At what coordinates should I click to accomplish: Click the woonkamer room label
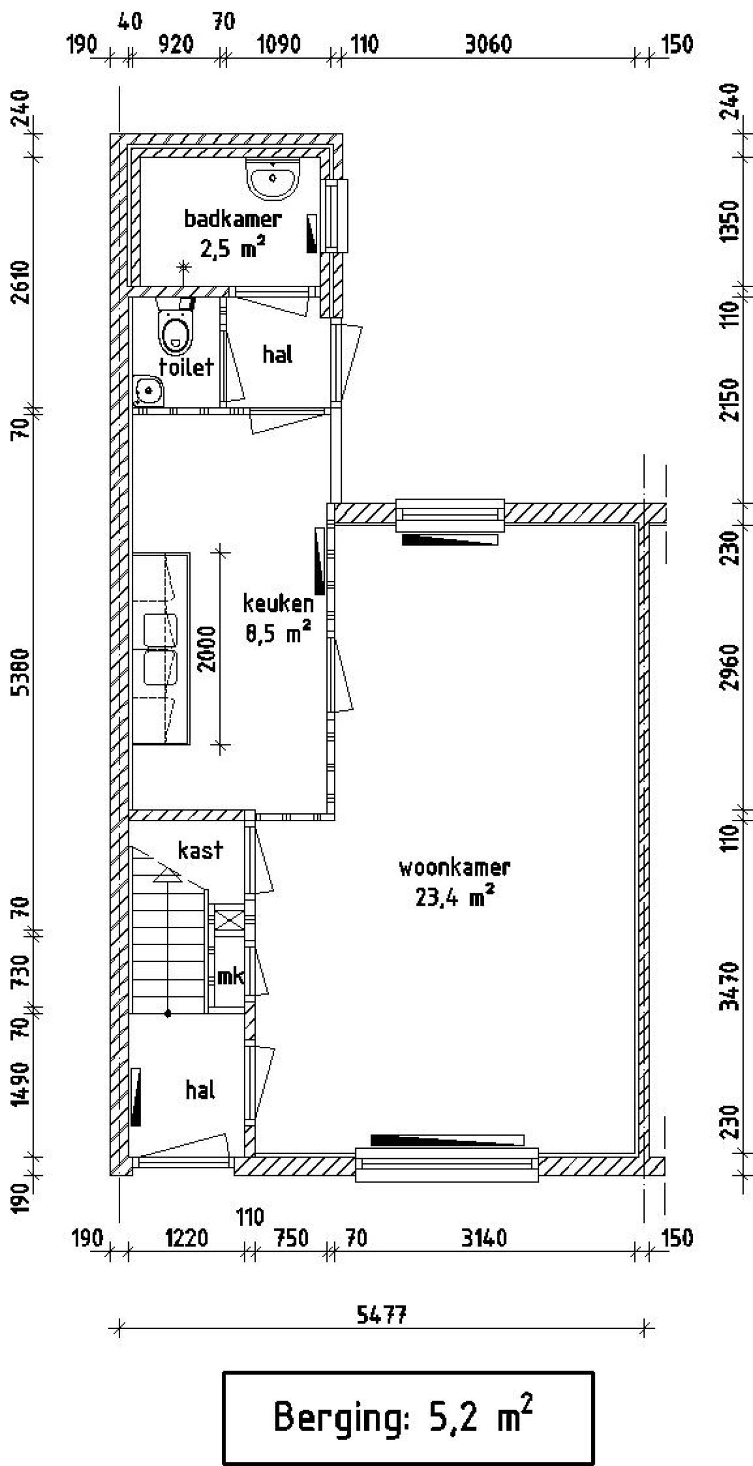point(454,868)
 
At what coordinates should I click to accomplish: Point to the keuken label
point(278,603)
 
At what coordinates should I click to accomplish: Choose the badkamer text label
point(232,219)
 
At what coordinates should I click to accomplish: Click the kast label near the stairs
point(200,850)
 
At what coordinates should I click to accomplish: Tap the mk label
point(231,976)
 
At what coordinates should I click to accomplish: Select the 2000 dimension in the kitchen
point(207,649)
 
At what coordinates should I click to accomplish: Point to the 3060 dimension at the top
point(488,45)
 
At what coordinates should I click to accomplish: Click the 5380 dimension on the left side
point(22,671)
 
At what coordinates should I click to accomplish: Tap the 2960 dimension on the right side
point(729,667)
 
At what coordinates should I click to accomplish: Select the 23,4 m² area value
point(454,898)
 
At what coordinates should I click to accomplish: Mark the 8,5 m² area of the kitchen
point(278,634)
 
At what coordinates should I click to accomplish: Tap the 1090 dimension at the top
point(279,45)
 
